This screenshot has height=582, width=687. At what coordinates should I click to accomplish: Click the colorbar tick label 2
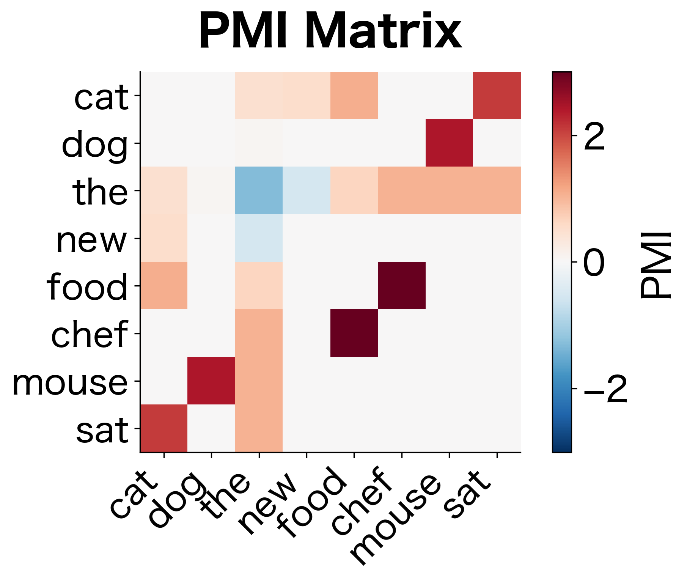tap(594, 136)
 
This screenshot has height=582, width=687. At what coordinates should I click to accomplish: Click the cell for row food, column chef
tap(402, 286)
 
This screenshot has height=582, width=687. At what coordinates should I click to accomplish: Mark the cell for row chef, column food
tap(354, 333)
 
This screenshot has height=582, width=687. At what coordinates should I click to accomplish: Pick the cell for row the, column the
tap(259, 190)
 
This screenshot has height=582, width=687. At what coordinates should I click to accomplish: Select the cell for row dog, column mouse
tap(449, 143)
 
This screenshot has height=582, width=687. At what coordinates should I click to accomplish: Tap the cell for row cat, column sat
tap(497, 95)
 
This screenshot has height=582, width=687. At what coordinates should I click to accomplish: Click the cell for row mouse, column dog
tap(211, 381)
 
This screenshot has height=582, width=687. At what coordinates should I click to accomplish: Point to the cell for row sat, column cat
tap(164, 428)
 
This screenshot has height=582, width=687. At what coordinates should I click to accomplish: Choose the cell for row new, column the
tap(259, 238)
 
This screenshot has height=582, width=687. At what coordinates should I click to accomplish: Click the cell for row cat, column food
tap(354, 95)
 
